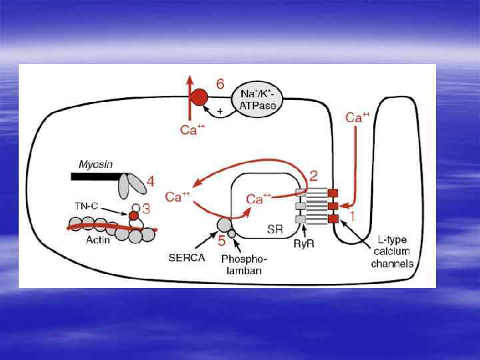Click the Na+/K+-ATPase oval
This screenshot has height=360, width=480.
257,101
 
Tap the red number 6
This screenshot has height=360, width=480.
220,84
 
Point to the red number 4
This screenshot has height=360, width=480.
151,180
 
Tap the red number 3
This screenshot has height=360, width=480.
147,209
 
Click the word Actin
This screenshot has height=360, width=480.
98,240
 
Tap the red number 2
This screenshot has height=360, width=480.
313,175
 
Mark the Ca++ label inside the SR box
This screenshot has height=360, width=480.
259,199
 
